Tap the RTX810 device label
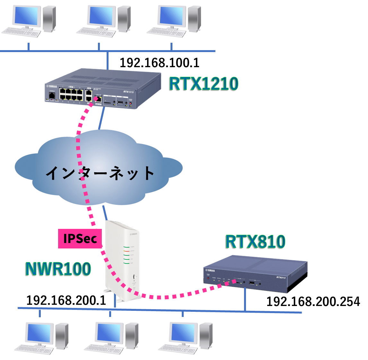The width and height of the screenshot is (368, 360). (255, 242)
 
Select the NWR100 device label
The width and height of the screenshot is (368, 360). (58, 269)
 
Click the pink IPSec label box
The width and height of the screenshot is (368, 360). (80, 239)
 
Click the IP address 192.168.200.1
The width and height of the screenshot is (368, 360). (66, 300)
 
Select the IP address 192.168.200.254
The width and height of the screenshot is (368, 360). (313, 301)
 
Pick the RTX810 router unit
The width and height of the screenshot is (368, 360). (255, 273)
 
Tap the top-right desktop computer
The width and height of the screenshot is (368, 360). (173, 19)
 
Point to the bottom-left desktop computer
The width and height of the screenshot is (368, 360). (41, 338)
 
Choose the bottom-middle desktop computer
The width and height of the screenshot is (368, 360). (111, 338)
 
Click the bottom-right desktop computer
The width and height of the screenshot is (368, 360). (185, 338)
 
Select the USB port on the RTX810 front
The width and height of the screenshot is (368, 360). (252, 283)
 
